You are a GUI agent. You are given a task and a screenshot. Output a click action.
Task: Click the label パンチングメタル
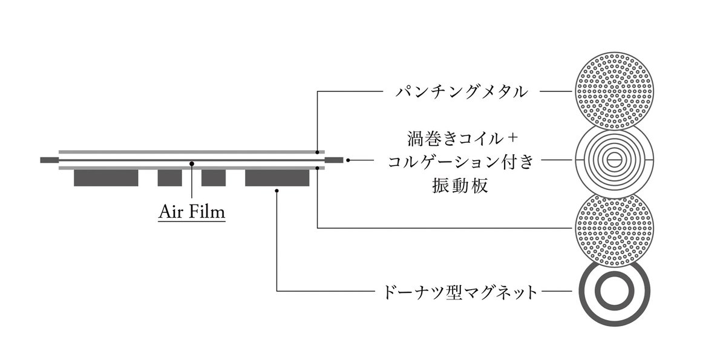461,93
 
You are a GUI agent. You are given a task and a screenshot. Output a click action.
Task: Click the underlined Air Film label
192,212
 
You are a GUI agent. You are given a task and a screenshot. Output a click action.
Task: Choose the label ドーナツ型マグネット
461,293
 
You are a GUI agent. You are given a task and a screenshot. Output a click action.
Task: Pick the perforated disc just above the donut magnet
614,229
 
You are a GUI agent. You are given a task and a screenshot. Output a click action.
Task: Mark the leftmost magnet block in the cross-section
106,177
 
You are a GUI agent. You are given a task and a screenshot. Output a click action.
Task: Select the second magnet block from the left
169,177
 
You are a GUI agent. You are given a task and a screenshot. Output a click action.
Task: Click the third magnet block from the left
214,177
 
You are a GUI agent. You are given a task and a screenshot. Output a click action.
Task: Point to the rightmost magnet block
276,177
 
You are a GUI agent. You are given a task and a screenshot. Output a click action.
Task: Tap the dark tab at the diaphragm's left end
48,160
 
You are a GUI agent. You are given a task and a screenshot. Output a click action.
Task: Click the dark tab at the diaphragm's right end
334,160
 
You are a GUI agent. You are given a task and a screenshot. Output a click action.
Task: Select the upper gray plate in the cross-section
191,151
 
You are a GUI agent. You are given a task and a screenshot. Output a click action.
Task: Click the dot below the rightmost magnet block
276,191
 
